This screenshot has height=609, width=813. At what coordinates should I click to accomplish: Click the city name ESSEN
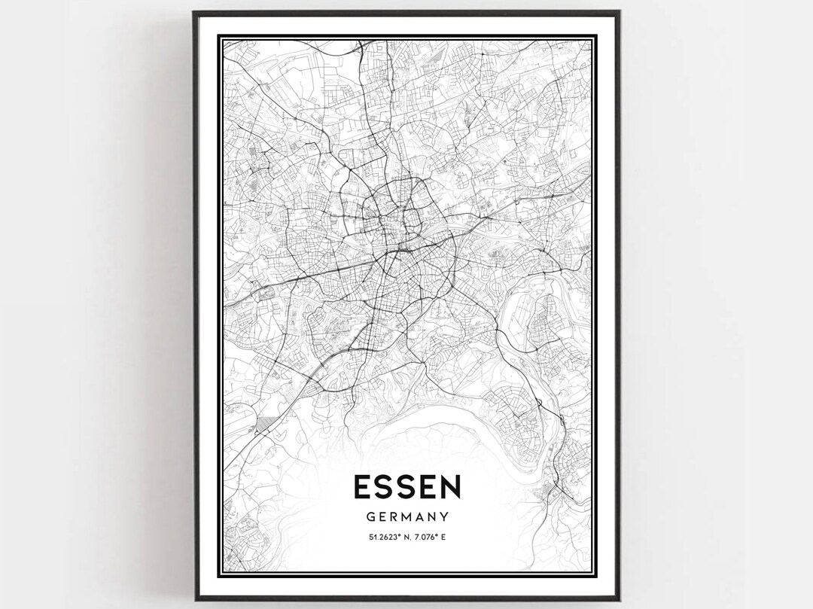coord(406,488)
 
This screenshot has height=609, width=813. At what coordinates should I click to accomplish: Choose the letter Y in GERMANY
coord(445,517)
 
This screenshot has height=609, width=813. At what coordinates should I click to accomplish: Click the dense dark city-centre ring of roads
coord(391,226)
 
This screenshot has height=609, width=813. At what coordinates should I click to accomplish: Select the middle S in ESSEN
coord(406,488)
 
